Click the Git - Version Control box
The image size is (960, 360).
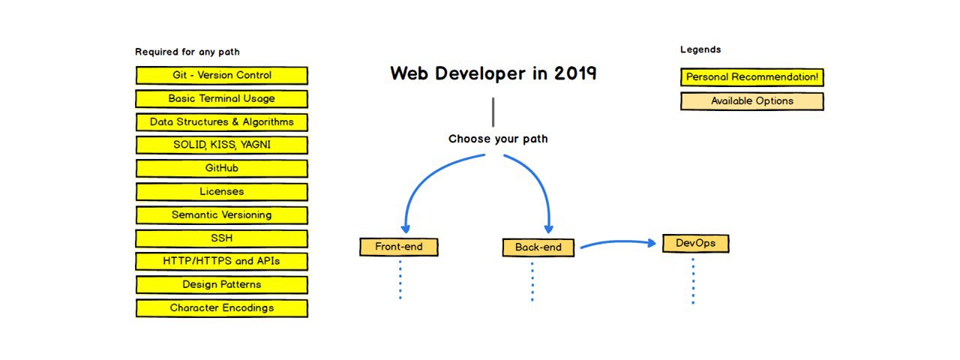click(221, 76)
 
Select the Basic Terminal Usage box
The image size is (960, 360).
click(221, 98)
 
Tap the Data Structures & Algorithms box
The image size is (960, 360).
click(221, 122)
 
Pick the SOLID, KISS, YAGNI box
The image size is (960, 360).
click(221, 145)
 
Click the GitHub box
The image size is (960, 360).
click(221, 169)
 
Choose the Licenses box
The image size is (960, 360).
click(221, 191)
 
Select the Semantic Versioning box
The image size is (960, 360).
click(221, 215)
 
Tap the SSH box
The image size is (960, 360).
click(221, 238)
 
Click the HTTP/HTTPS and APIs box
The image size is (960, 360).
click(221, 262)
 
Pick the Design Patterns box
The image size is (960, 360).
click(221, 285)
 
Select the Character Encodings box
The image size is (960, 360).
click(221, 308)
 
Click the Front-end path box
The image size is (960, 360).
click(398, 247)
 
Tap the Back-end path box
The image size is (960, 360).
click(538, 247)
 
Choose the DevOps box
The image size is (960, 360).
click(695, 244)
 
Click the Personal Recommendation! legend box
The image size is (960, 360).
click(752, 77)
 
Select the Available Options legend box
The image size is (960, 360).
click(752, 101)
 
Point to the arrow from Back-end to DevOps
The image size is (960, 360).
click(618, 242)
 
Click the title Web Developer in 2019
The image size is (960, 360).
click(493, 73)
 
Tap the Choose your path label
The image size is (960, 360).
click(498, 139)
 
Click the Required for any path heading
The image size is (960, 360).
click(187, 52)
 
